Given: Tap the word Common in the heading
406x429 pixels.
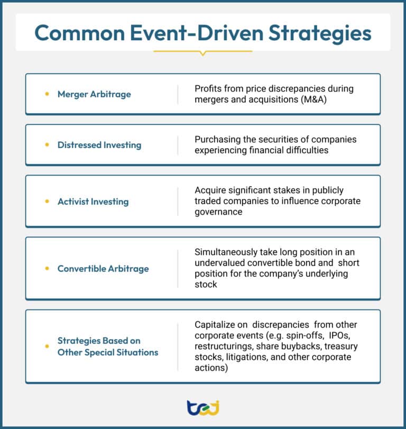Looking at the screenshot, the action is [x=79, y=33].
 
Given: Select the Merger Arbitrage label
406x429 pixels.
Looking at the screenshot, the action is [x=94, y=94].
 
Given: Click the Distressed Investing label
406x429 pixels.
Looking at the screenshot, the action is [x=99, y=145].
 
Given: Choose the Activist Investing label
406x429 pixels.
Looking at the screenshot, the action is [x=93, y=202].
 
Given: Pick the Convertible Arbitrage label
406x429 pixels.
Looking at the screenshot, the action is [x=103, y=269].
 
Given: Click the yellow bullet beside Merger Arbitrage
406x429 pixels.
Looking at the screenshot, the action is [x=47, y=94].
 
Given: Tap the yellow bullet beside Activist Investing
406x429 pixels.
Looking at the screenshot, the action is [x=47, y=202].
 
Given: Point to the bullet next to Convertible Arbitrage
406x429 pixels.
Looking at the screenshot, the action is [x=47, y=268].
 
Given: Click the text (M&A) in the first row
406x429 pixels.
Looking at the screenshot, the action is [x=313, y=99].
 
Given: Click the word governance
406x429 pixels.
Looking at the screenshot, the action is [x=218, y=212].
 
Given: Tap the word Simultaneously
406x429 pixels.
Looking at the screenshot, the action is [x=226, y=252].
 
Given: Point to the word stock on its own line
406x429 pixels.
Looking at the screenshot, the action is [x=206, y=285].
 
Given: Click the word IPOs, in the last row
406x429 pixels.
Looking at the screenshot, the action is [x=339, y=335].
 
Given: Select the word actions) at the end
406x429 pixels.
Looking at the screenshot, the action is [x=211, y=368].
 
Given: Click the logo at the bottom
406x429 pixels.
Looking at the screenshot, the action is [x=203, y=408].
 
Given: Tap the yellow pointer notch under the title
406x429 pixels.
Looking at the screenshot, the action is [x=203, y=53].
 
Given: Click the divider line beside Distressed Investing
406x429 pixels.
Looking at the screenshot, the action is [x=178, y=145].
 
